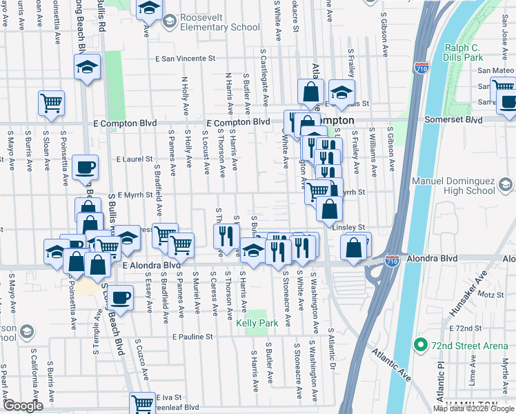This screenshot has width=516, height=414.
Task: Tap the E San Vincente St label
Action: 186,59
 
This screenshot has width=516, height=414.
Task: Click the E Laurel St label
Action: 134,159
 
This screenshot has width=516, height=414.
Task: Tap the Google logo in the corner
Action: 23,406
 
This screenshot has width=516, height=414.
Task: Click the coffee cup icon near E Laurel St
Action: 86,167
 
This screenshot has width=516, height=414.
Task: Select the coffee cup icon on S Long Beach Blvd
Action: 121,297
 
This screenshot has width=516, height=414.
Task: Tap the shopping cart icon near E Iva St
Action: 142,402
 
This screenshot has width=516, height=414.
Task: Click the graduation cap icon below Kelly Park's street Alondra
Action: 253,249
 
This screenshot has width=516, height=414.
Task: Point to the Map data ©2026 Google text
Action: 473,408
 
